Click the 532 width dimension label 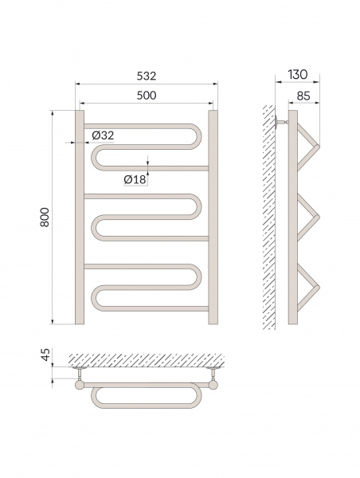(147, 76)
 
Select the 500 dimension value (147, 96)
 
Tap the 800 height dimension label (45, 217)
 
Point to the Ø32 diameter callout (103, 135)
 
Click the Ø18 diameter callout (135, 179)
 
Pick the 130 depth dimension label (297, 74)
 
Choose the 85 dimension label (303, 96)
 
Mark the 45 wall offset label (45, 355)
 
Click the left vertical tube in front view (80, 217)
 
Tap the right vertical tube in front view (213, 217)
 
